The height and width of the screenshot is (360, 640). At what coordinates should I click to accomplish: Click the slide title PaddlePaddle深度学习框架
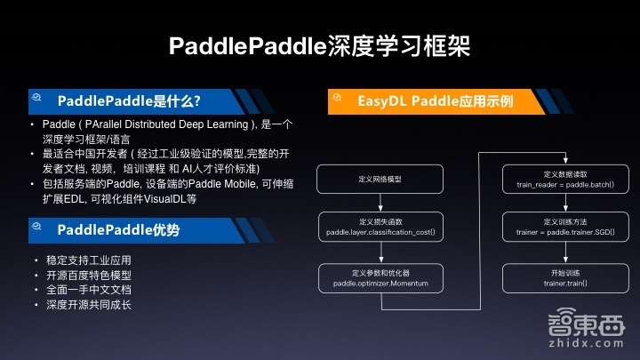click(319, 46)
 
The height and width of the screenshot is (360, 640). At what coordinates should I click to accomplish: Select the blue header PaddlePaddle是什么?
click(129, 100)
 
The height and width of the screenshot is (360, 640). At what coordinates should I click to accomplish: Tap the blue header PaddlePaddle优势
click(118, 230)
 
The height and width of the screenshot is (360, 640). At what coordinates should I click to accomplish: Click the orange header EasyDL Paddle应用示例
click(436, 100)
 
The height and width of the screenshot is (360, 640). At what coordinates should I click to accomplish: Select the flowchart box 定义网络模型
click(380, 180)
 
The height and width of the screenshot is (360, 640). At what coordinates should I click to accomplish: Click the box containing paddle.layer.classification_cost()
click(380, 227)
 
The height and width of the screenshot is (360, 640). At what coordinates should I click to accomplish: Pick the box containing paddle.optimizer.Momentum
click(380, 277)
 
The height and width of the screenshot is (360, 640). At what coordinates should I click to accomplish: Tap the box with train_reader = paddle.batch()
click(565, 180)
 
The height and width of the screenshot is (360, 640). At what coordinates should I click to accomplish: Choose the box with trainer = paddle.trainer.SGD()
click(565, 227)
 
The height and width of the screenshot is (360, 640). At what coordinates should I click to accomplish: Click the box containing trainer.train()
click(565, 277)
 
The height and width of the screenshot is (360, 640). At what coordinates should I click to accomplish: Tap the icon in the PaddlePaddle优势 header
click(38, 230)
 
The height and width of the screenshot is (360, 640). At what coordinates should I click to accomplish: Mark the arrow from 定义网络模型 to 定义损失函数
click(380, 203)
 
